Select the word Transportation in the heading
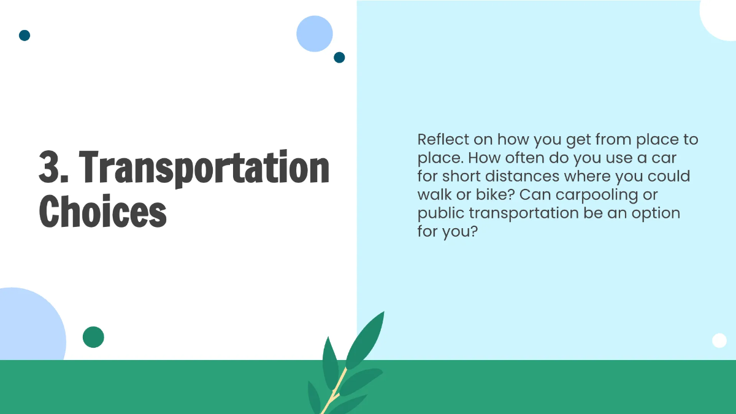(x=206, y=168)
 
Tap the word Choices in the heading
(x=103, y=212)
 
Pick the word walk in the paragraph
(x=437, y=195)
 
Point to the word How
(x=485, y=158)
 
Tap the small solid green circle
(x=93, y=337)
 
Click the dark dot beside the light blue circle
(x=339, y=58)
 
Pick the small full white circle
(x=719, y=340)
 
